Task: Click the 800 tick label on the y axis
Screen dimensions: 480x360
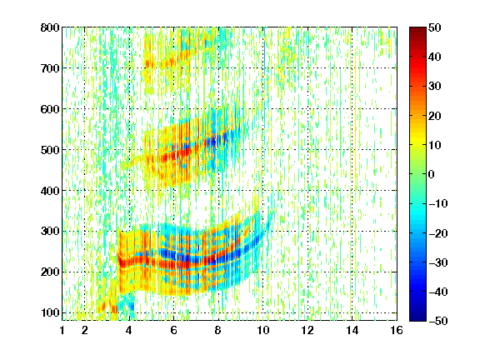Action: pos(50,27)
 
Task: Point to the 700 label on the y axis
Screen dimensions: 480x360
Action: pos(50,68)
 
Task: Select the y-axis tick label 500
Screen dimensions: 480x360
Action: pos(50,150)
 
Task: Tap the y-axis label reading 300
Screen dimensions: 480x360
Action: pos(50,232)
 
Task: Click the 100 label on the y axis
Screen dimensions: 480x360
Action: pos(50,312)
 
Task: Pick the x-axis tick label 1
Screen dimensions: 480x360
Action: pos(62,330)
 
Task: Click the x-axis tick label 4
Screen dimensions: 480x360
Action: pos(129,330)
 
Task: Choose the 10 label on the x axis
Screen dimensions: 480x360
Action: pos(262,330)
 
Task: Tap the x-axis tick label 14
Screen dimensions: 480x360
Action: pos(352,330)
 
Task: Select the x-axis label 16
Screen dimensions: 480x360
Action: pos(397,330)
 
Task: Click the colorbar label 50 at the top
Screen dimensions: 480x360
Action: pos(434,27)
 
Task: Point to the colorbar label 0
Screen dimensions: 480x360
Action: pos(432,174)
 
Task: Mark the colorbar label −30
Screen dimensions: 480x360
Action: pos(438,262)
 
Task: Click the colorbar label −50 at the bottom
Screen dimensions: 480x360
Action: pos(438,321)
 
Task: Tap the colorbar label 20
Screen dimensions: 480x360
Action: pos(434,116)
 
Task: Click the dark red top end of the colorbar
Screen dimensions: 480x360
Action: pos(417,28)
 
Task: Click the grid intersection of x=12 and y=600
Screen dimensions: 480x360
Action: pos(307,109)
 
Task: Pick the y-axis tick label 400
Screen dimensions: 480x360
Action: pos(50,191)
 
